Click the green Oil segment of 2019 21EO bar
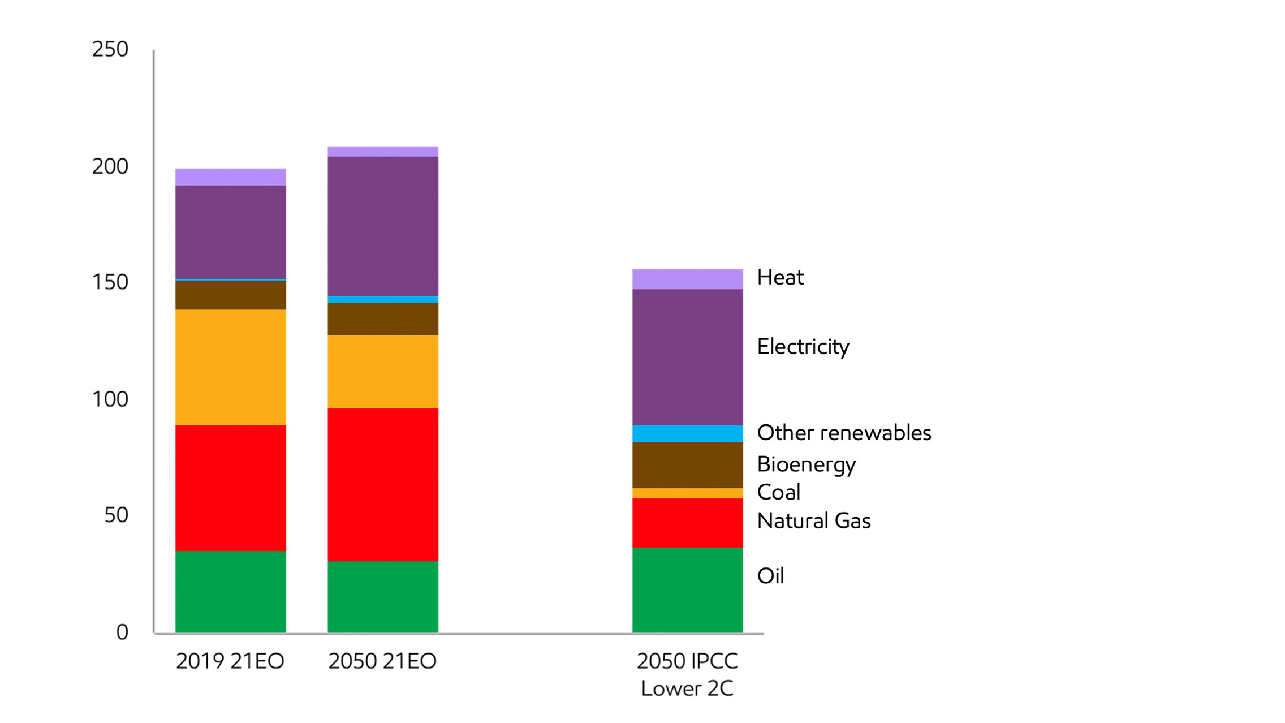[230, 591]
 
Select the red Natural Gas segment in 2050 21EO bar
[383, 484]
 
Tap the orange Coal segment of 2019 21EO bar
[230, 367]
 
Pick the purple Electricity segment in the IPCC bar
[687, 357]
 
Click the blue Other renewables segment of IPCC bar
[687, 433]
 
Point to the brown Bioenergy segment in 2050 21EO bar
[383, 319]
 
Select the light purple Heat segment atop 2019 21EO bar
[230, 177]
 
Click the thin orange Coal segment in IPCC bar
[687, 493]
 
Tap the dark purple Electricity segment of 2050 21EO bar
[383, 226]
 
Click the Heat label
[780, 277]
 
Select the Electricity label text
[803, 347]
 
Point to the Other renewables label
[843, 433]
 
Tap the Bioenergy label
[806, 464]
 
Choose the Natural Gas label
[813, 520]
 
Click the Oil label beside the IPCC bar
[770, 576]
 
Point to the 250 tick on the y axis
[110, 49]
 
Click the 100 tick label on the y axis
[110, 399]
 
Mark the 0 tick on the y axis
[122, 632]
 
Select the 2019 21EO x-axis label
[230, 661]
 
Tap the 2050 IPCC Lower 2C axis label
[687, 674]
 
